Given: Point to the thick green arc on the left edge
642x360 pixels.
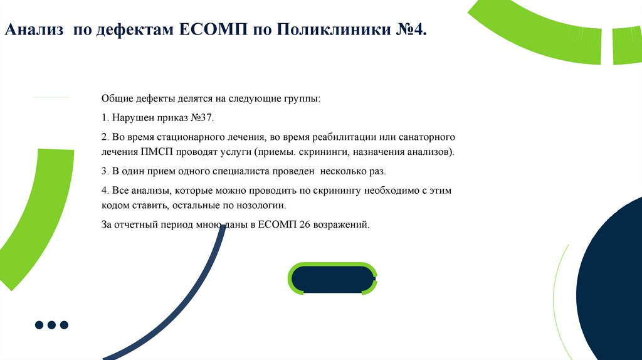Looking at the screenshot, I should (x=25, y=220).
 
